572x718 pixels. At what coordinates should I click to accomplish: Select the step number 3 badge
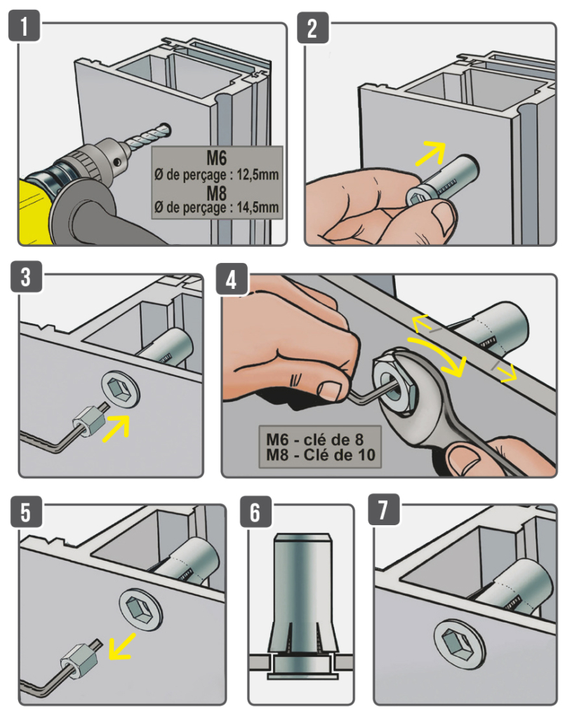pos(25,277)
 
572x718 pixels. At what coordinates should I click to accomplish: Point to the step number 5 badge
pos(25,513)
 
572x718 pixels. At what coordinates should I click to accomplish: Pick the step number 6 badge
pos(255,513)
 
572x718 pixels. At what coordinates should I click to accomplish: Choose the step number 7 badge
pos(383,511)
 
